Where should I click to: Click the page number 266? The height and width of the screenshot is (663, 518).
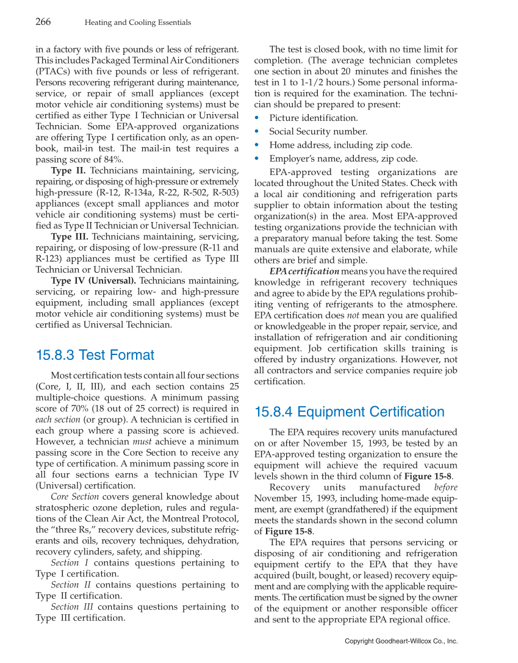coord(43,22)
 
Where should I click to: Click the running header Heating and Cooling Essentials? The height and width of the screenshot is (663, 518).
coord(137,23)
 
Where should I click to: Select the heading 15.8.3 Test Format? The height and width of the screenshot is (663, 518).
coord(95,355)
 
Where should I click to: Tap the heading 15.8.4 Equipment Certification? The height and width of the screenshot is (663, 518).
coord(349,412)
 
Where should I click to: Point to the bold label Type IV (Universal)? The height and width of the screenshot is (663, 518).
coord(93,281)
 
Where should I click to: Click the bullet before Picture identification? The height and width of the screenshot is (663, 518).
coord(257,118)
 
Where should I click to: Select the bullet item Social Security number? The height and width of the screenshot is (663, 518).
coord(318,131)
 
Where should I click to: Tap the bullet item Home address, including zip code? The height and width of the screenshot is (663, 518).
coord(340,145)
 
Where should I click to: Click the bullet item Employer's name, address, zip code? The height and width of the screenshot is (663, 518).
coord(344,159)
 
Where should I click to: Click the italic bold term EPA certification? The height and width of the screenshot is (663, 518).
coord(304,271)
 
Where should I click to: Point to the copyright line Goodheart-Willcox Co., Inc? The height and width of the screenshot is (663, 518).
coord(401,641)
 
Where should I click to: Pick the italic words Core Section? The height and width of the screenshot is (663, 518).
coord(74,496)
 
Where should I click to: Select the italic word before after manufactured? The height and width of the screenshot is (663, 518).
coord(445,487)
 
